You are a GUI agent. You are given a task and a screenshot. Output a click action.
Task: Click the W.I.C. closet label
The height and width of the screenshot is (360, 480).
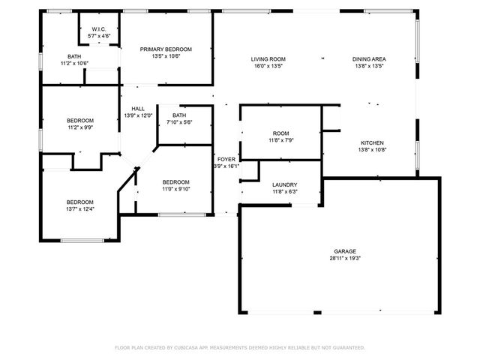(99, 28)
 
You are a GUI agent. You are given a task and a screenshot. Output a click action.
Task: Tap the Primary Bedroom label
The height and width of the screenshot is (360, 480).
(166, 49)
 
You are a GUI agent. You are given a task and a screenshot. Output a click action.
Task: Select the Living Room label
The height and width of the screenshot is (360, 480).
(268, 58)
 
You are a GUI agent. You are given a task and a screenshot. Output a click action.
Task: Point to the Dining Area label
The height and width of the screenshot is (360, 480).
(368, 58)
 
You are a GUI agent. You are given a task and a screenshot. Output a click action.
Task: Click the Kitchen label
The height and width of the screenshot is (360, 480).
(373, 142)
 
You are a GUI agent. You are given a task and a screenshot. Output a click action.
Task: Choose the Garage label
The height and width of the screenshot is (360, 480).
(345, 251)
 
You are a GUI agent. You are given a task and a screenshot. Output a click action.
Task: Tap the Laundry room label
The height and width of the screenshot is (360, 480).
(284, 184)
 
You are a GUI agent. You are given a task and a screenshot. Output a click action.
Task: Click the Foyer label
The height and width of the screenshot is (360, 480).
(226, 160)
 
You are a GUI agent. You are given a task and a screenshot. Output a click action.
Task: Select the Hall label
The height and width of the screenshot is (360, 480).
(138, 109)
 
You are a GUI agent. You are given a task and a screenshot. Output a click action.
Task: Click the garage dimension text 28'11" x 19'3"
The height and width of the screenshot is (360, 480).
(345, 258)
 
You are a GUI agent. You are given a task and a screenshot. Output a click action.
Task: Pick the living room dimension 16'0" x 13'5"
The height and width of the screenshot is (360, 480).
(268, 65)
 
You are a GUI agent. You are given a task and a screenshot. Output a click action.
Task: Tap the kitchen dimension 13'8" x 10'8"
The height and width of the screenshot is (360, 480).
(373, 149)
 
